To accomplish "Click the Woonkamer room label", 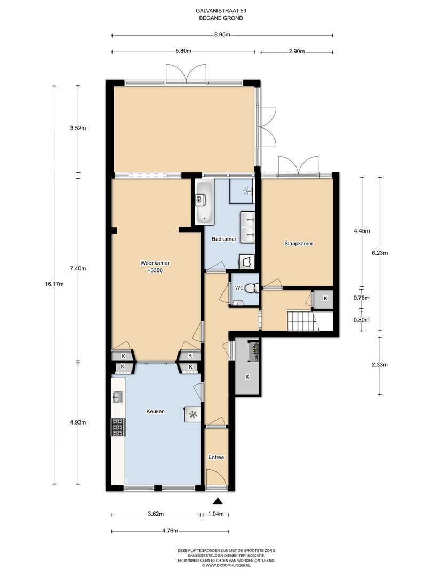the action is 155,263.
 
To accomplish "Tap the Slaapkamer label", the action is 299,244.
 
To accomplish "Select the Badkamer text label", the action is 224,239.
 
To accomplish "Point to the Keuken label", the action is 155,411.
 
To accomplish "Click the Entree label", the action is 216,458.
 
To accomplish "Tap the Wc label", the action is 239,288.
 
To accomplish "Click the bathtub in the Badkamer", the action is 204,202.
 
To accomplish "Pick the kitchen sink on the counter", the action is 117,397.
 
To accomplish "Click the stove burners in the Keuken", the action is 117,428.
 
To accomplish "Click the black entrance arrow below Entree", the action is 218,501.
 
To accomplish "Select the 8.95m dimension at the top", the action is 222,35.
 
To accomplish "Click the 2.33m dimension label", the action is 380,365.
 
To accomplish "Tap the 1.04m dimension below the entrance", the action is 216,514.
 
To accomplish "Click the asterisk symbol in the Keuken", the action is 193,415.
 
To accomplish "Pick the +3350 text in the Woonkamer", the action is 155,270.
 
